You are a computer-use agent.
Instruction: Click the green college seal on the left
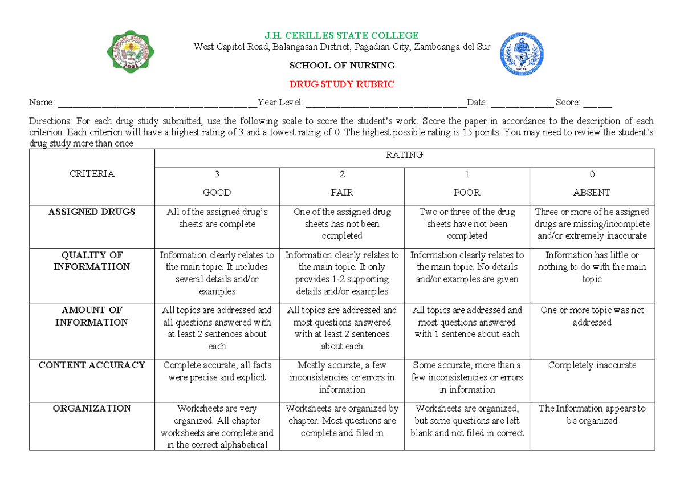131,52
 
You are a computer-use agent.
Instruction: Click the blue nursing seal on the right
522,54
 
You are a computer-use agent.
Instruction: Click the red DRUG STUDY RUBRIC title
342,84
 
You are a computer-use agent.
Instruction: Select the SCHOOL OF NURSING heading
342,66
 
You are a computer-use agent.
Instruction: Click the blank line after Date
521,104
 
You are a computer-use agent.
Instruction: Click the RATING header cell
405,155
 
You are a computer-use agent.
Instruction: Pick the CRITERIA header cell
92,174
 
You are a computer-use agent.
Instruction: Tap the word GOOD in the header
217,193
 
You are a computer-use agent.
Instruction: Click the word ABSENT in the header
592,193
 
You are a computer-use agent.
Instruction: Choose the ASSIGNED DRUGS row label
92,212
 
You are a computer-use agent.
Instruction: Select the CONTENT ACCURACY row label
92,365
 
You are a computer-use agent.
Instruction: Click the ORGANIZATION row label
92,408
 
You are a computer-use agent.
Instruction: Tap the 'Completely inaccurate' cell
592,365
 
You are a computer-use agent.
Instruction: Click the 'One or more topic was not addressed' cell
592,316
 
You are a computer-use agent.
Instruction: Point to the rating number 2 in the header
342,174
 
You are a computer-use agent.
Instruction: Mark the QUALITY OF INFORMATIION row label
92,261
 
